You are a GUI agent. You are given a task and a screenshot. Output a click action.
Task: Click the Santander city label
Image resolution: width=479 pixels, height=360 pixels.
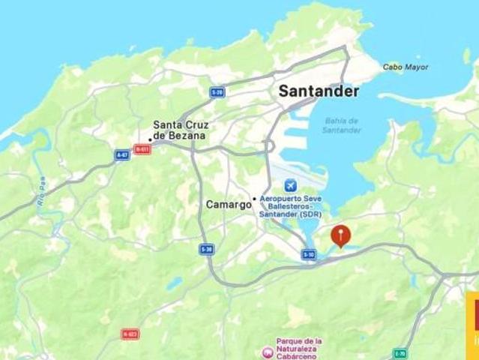click(x=319, y=91)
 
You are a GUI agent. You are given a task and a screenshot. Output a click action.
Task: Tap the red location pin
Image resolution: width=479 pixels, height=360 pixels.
click(x=341, y=235)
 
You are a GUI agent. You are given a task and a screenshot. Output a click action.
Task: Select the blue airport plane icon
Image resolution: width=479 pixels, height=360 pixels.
click(x=289, y=185)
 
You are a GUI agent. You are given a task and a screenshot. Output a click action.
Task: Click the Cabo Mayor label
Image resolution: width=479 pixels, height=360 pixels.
click(x=406, y=67)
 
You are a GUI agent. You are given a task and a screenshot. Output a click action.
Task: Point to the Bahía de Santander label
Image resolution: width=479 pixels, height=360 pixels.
click(x=342, y=125)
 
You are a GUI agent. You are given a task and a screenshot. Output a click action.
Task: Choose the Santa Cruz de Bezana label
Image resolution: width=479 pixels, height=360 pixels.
click(x=180, y=130)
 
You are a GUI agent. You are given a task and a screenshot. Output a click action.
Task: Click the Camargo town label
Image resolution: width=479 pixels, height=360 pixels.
click(x=229, y=204)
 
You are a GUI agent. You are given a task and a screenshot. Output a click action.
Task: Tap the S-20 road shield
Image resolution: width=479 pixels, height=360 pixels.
click(x=217, y=92)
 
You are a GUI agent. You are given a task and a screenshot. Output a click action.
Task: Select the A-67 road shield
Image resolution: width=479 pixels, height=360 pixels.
click(x=122, y=154)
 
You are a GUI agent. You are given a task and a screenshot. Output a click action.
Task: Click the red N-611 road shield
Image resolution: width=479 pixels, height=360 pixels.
click(x=142, y=149)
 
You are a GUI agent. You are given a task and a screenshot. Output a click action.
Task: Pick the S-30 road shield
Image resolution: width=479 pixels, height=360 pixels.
click(x=207, y=249)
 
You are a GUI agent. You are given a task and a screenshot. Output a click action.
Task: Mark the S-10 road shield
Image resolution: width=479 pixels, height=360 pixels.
click(x=309, y=255)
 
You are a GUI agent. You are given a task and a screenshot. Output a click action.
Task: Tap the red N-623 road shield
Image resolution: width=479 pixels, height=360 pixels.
click(x=130, y=334)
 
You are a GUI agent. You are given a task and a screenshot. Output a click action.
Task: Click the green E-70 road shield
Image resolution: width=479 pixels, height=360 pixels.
click(x=400, y=353)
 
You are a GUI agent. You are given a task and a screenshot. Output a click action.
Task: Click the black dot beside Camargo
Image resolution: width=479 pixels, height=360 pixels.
click(x=255, y=199)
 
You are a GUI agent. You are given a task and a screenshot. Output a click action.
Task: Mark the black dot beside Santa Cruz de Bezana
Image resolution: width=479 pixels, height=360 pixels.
click(x=150, y=139)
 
